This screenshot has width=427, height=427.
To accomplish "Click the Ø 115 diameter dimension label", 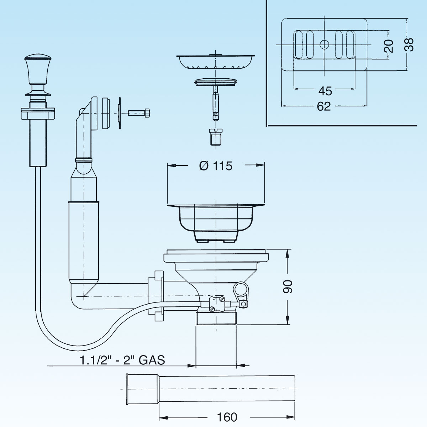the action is (x=216, y=166).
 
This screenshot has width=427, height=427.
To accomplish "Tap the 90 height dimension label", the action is (x=288, y=286).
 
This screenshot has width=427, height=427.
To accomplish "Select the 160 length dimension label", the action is (x=227, y=417).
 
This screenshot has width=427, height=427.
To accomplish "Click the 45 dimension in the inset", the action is (x=325, y=91).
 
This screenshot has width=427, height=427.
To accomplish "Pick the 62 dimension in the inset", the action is (x=324, y=106).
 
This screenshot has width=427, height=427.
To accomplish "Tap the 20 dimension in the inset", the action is (x=389, y=46).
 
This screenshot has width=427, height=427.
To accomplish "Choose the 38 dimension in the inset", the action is (x=409, y=45).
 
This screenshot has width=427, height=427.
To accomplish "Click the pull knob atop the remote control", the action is (x=38, y=68).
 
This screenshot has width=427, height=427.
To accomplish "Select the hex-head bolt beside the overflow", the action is (x=139, y=113).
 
